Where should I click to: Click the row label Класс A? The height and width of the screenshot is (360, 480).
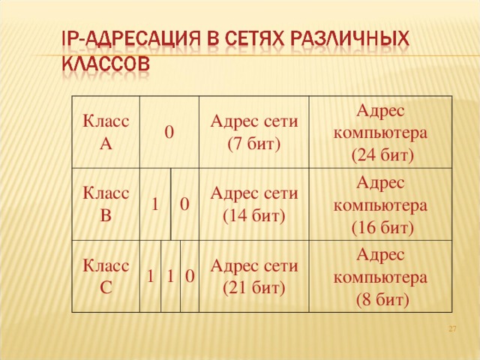pyautogui.click(x=105, y=133)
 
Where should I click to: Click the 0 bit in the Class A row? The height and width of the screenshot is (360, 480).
pyautogui.click(x=170, y=132)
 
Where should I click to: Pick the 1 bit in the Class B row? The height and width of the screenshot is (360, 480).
pyautogui.click(x=154, y=204)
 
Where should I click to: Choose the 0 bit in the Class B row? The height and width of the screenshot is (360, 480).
pyautogui.click(x=184, y=204)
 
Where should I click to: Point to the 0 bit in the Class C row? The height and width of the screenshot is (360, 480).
pyautogui.click(x=190, y=277)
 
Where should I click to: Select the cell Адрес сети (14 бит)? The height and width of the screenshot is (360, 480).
pyautogui.click(x=254, y=203)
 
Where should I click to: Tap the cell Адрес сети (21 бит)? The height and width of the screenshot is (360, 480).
pyautogui.click(x=254, y=276)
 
